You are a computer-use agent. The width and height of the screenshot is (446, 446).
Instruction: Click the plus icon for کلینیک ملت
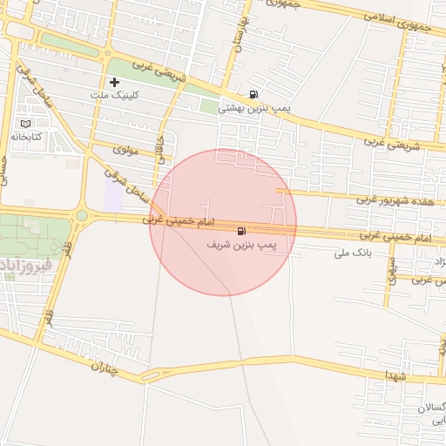113,82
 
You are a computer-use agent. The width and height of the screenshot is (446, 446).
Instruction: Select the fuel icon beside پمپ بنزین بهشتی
253,94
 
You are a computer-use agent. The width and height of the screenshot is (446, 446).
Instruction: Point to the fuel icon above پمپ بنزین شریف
240,231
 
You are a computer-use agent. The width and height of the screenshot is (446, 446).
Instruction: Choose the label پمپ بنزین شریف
242,246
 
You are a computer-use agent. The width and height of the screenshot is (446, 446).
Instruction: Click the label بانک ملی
354,254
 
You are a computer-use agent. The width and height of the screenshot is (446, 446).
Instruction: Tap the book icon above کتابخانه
36,125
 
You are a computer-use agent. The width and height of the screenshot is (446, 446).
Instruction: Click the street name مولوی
118,152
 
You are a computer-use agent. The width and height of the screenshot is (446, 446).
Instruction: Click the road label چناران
109,369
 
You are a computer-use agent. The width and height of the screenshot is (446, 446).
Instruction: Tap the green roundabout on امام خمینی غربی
82,215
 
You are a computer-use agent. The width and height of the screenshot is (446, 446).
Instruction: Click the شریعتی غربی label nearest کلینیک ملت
159,71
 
